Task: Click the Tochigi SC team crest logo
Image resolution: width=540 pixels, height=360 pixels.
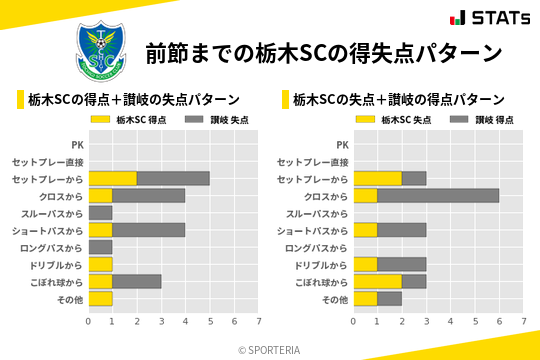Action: pos(101,49)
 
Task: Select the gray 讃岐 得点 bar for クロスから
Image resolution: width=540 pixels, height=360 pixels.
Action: pos(438,196)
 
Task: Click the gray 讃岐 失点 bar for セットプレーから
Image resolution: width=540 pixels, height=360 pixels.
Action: pos(173,179)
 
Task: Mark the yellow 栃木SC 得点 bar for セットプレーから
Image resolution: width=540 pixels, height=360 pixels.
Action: pos(113,179)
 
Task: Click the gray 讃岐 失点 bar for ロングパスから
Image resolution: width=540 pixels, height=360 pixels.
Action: pos(101,247)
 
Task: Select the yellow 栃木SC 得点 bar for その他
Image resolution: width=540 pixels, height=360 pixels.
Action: pos(101,298)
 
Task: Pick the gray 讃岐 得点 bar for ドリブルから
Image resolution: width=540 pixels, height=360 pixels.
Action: pos(401,264)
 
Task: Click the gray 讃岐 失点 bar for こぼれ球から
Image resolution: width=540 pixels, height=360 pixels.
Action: pos(137,281)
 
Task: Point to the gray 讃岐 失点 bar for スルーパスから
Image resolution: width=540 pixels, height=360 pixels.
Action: pos(101,213)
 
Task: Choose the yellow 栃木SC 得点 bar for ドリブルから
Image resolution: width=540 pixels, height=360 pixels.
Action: pos(101,264)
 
